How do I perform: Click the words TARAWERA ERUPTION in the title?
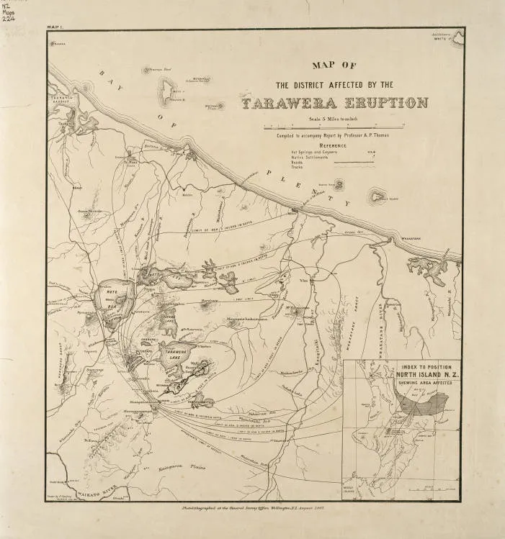pos(335,103)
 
